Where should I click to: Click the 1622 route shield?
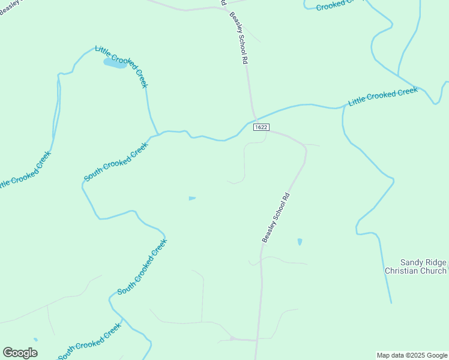pos(261,127)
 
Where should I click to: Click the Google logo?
pos(20,353)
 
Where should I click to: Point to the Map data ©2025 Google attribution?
pos(412,355)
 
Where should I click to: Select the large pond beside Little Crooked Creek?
pos(114,63)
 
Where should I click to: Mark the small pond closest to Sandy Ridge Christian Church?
pos(300,242)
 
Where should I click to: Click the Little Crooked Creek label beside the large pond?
pos(122,67)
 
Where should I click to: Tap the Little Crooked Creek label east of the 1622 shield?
pos(382,97)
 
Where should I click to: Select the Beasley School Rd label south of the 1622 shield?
pos(276,217)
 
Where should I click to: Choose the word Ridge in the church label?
pos(435,263)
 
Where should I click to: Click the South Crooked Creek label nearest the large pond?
pos(116,162)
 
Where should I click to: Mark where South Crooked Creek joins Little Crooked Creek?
pos(158,133)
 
